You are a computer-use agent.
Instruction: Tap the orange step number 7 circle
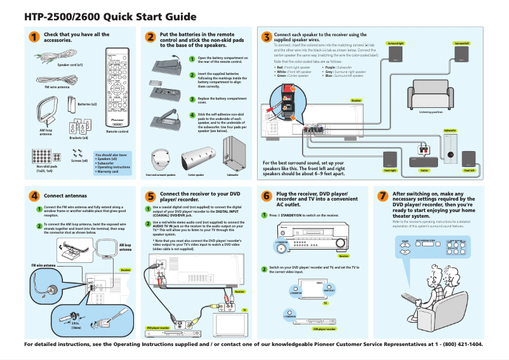pos(383,196)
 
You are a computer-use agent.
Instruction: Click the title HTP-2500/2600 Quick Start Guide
pos(110,17)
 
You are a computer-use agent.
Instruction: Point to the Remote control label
pos(117,131)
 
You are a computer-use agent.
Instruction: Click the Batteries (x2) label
pos(87,103)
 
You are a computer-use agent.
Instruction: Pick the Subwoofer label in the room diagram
pos(449,131)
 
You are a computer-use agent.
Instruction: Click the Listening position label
pos(431,111)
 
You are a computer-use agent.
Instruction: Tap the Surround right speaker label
pos(395,44)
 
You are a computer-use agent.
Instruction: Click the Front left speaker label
pos(470,170)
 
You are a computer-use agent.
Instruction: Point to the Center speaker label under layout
pos(424,170)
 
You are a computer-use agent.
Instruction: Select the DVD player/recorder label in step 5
pos(158,328)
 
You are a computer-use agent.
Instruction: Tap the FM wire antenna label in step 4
pos(44,265)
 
